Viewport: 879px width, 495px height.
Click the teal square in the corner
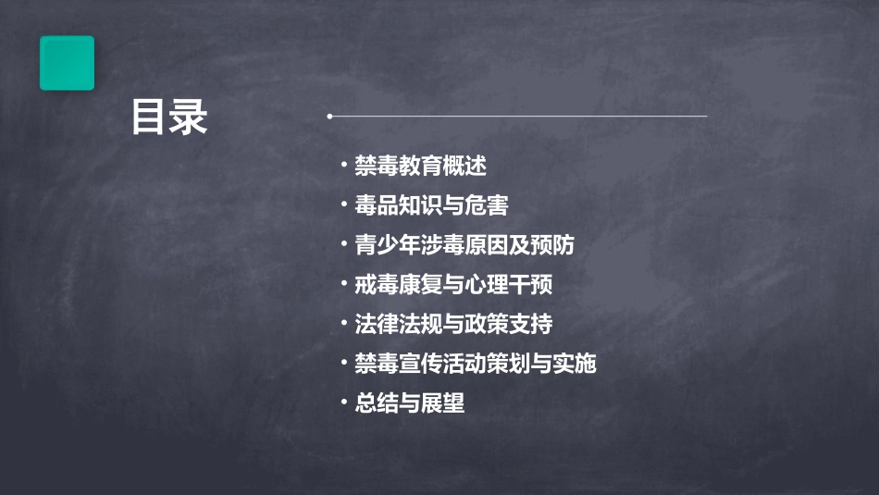67,63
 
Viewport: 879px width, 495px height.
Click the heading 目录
168,118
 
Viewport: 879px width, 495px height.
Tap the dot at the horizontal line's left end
329,117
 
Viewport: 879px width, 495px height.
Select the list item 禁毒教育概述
420,167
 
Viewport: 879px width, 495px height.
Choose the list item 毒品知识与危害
431,205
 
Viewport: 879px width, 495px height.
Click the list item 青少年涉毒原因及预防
464,245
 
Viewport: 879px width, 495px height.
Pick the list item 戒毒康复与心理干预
453,285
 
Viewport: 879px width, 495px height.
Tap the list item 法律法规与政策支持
453,324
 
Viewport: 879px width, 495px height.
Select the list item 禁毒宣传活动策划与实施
476,364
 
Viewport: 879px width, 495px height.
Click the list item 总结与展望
409,403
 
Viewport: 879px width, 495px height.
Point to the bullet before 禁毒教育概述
343,167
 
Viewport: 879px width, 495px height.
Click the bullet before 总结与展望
343,403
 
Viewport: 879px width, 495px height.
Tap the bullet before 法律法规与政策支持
343,324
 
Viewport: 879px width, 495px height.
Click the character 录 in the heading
189,118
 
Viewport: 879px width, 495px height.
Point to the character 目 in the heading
149,118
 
